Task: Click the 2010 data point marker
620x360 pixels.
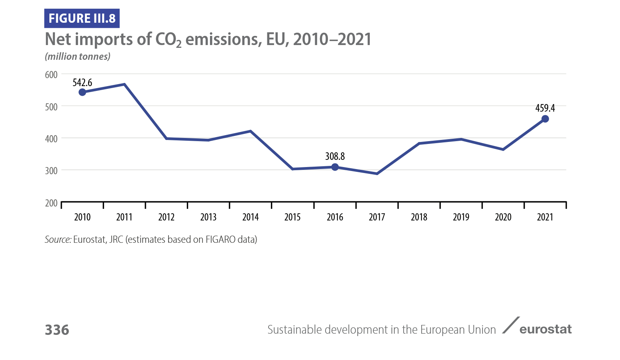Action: click(82, 92)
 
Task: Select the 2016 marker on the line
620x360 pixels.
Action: click(335, 167)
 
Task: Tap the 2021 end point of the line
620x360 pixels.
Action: click(545, 119)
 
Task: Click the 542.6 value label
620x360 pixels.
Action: click(82, 83)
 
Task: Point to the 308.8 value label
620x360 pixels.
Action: click(335, 156)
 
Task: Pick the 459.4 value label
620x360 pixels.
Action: click(545, 108)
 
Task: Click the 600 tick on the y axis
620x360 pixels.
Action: click(51, 75)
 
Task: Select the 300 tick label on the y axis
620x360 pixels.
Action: click(51, 171)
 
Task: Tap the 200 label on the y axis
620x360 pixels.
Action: click(51, 203)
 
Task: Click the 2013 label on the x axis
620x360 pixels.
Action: click(208, 217)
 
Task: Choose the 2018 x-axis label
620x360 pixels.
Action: click(419, 217)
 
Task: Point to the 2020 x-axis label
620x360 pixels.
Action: click(503, 217)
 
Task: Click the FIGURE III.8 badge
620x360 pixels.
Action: click(82, 18)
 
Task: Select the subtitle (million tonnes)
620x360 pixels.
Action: click(78, 57)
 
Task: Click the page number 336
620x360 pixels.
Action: click(57, 330)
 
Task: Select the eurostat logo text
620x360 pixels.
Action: click(545, 329)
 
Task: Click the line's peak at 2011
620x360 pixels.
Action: click(124, 84)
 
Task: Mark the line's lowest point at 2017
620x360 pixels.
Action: click(377, 174)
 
